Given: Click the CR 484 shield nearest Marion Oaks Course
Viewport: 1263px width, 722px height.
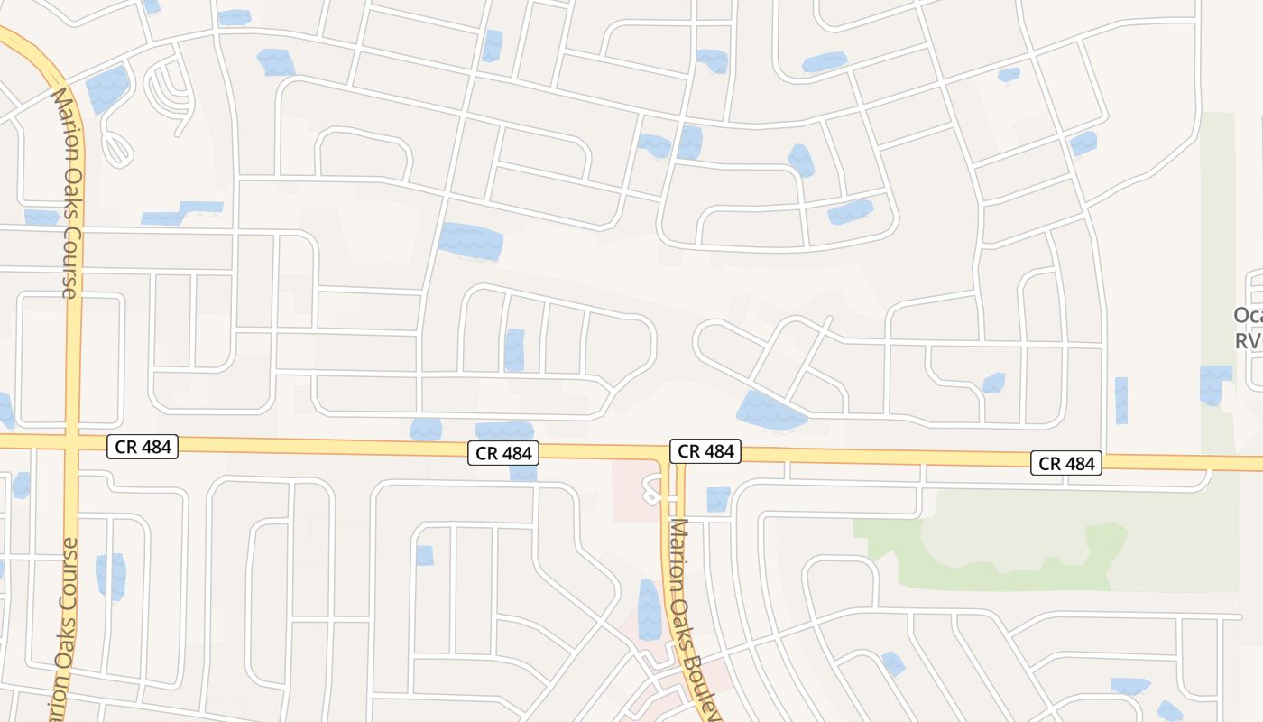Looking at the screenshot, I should click(143, 446).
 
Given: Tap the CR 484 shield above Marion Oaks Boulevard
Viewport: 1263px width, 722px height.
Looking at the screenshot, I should click(705, 451).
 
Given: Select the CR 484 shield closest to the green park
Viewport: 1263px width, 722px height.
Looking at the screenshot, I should click(1066, 464).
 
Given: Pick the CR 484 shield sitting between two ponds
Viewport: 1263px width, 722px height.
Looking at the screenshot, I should click(503, 453).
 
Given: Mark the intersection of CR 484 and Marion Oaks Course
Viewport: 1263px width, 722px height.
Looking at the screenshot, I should click(72, 441).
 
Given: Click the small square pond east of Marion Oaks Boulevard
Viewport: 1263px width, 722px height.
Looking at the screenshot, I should click(718, 498).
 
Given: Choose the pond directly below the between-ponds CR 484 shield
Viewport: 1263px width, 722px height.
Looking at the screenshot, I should click(522, 473).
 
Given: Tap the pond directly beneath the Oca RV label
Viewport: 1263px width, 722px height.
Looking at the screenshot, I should click(1214, 384).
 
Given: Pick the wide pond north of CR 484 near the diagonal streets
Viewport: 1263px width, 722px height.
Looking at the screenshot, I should click(770, 411).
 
